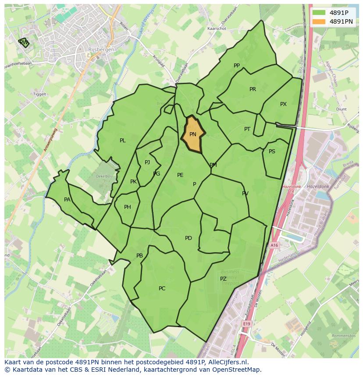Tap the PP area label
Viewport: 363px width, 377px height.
tap(237, 66)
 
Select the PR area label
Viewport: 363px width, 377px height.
tap(253, 89)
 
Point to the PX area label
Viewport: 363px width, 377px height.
tap(283, 104)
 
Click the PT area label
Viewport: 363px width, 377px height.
tap(247, 129)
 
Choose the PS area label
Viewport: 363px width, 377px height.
tap(272, 152)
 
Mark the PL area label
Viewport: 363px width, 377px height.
tap(123, 141)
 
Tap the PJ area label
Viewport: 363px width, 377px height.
tap(147, 162)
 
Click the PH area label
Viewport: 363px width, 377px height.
tap(128, 207)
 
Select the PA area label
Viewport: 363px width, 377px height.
tap(67, 200)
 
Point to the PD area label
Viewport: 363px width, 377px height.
tap(189, 238)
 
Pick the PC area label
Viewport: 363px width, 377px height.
tap(162, 289)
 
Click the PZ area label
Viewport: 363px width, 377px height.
tap(223, 279)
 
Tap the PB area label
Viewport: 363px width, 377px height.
tap(139, 256)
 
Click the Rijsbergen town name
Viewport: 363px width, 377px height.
tap(101, 50)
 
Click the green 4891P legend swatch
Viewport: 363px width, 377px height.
tap(319, 13)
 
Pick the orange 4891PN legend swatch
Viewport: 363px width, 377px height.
tap(319, 21)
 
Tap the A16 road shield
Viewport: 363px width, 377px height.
tap(275, 246)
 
